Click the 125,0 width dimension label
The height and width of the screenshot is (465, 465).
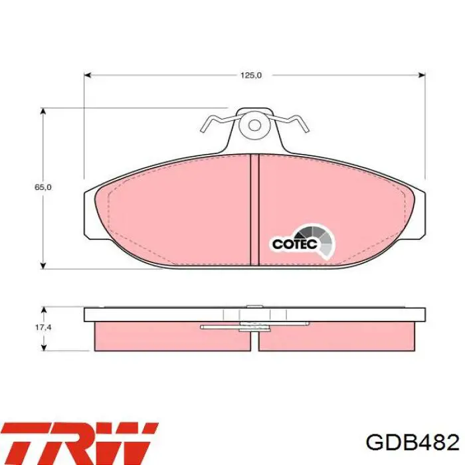click(251, 75)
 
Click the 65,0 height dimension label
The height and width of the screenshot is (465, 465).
click(43, 187)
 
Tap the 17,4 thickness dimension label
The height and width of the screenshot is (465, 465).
click(43, 327)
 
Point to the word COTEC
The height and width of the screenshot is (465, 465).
click(295, 244)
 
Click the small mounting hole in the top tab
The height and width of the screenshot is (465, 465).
click(254, 126)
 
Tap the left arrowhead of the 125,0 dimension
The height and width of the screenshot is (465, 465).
click(88, 75)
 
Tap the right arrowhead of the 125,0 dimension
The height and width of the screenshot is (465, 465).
click(422, 75)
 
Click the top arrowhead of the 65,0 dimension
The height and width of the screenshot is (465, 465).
click(44, 112)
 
